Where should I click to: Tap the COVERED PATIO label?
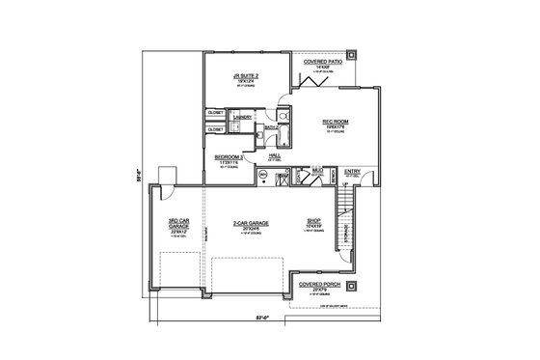coord(323,62)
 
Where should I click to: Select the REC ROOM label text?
coord(335,122)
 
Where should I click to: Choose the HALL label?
coord(274,152)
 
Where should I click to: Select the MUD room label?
coord(316,168)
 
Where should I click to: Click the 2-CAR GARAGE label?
coord(251,222)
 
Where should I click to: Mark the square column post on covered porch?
coord(354,286)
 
